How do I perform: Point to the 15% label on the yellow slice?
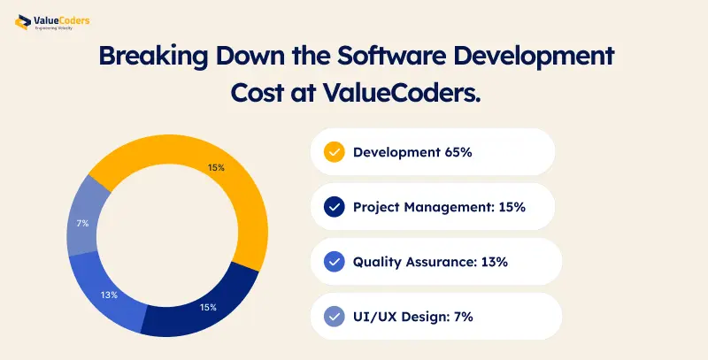click(216, 167)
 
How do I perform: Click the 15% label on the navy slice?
click(207, 308)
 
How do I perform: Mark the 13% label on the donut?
click(109, 295)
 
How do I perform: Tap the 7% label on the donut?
click(82, 223)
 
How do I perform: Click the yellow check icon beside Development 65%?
click(334, 152)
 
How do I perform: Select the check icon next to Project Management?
click(334, 207)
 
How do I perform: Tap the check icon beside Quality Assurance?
click(334, 262)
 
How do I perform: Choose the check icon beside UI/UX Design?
click(334, 316)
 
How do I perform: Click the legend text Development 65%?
click(412, 152)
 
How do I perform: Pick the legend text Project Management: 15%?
click(439, 207)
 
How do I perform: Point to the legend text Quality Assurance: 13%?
click(430, 262)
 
